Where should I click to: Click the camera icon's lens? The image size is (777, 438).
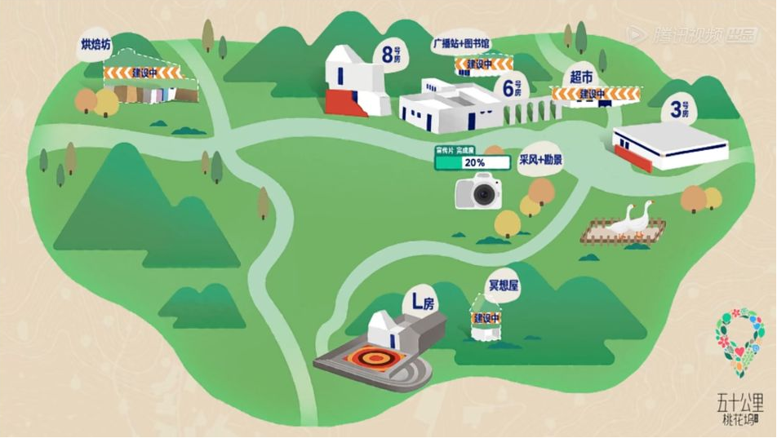coord(486,194)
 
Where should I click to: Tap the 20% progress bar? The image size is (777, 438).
coord(473,162)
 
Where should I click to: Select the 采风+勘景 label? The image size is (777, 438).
coord(540,160)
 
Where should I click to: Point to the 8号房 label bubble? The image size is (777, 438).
coord(391,55)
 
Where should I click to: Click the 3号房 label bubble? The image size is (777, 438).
coord(679,108)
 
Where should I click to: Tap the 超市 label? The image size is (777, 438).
coord(581,77)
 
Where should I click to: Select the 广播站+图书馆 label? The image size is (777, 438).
coord(460,43)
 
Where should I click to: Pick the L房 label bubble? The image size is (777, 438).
coord(423,303)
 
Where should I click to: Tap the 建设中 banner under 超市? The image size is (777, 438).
coord(595,95)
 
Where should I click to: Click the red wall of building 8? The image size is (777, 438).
coord(346,103)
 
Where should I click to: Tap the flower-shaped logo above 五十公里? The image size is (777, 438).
coord(739,340)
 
